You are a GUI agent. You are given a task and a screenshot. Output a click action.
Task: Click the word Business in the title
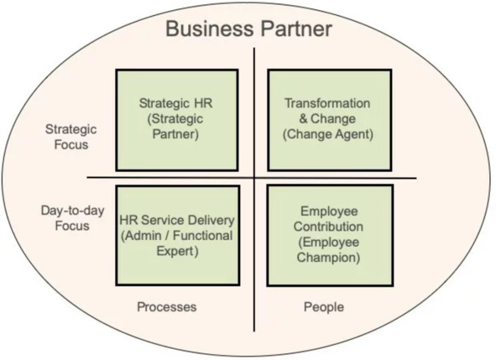click(210, 29)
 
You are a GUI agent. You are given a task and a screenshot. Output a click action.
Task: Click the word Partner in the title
click(296, 29)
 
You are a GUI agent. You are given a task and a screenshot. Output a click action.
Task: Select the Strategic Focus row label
click(71, 137)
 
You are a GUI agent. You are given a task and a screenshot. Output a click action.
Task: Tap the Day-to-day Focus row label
click(72, 218)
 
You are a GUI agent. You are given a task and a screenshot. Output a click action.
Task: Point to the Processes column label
click(167, 307)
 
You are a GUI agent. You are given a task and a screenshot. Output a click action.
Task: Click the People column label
click(324, 307)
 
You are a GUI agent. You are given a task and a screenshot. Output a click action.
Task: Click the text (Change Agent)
click(328, 134)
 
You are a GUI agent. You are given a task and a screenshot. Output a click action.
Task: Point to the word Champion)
click(328, 257)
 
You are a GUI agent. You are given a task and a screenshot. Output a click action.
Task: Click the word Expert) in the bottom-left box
click(177, 251)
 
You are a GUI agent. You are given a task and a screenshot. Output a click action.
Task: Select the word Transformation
click(327, 103)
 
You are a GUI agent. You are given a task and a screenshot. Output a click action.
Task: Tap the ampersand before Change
click(303, 118)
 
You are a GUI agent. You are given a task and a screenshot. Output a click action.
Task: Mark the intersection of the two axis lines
click(254, 178)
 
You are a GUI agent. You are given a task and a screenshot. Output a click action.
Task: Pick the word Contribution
click(328, 227)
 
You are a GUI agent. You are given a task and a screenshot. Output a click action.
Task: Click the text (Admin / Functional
click(177, 236)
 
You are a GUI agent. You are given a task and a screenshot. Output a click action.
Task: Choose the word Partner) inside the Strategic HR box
click(175, 134)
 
